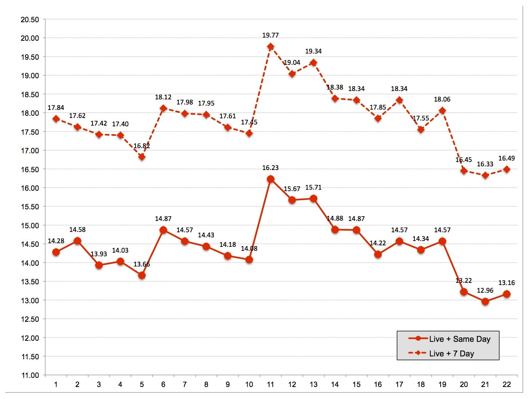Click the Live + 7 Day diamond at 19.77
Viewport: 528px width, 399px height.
point(271,47)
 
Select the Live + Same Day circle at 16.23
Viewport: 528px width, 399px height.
point(271,179)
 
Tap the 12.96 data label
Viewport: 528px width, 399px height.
point(485,291)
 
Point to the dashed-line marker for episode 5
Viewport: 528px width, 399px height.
point(142,157)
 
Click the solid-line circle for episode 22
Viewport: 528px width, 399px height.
point(507,294)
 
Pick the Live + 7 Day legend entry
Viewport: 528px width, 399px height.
point(452,353)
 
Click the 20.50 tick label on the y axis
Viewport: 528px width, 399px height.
point(30,20)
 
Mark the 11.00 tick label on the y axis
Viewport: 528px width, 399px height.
point(30,375)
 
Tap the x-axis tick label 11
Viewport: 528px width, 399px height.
point(271,384)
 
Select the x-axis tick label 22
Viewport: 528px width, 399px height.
point(507,384)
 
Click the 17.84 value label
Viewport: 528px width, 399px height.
point(56,108)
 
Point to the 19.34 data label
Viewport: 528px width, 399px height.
point(313,51)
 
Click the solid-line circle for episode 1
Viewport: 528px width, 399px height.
point(56,252)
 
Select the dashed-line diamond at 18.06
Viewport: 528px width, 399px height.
point(442,111)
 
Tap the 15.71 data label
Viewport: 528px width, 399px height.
point(313,187)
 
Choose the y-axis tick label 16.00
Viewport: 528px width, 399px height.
point(30,188)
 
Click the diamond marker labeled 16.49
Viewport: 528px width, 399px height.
point(507,169)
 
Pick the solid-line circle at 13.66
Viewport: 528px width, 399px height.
point(142,276)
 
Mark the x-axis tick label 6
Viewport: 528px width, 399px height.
point(163,384)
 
